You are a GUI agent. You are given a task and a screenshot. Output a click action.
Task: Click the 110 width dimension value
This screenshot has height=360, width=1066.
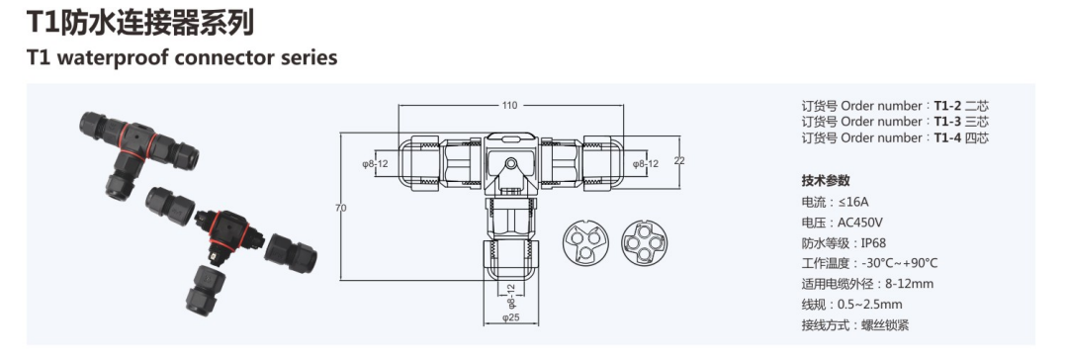tap(510, 105)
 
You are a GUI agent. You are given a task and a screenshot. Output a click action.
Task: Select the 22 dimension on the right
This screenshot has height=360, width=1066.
tap(679, 160)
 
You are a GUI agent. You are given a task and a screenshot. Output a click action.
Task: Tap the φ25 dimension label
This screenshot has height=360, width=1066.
tap(510, 317)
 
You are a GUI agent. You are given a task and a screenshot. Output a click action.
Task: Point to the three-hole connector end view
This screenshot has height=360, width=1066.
tap(585, 242)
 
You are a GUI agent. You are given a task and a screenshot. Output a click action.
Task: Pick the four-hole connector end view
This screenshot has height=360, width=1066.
tap(644, 242)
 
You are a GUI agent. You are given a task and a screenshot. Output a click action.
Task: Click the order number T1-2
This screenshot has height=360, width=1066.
tap(947, 106)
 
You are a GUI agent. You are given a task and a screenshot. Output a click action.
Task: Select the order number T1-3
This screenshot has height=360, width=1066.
tap(947, 122)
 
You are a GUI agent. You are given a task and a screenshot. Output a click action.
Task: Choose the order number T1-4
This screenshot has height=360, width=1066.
tap(947, 138)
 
